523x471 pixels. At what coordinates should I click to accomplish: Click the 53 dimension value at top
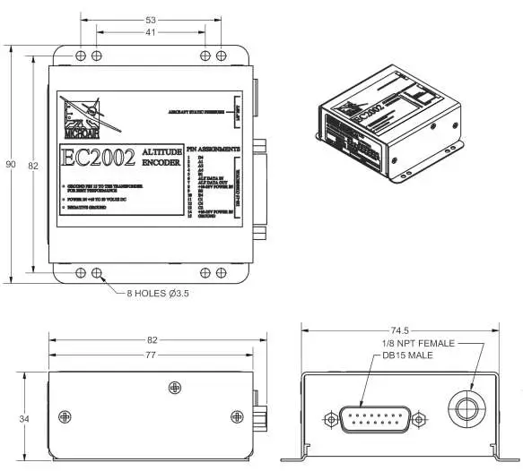coord(150,19)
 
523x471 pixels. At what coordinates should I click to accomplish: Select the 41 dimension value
coord(150,33)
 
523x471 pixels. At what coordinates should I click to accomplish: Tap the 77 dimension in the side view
coord(150,355)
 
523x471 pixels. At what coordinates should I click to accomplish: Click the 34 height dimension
coord(25,418)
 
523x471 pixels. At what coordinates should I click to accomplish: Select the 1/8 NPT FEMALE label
coord(419,344)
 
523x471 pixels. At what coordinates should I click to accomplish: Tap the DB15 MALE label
coord(405,355)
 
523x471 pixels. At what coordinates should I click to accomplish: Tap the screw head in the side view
coord(173,386)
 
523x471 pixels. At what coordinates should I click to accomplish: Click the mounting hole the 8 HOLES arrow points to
coord(97,273)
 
